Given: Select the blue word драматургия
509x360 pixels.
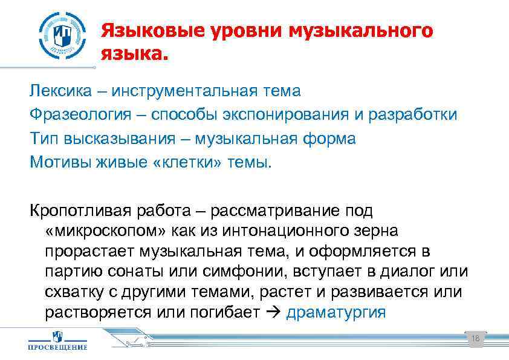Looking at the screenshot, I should (x=336, y=313).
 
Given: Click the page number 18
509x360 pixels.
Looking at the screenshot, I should (x=475, y=339).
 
